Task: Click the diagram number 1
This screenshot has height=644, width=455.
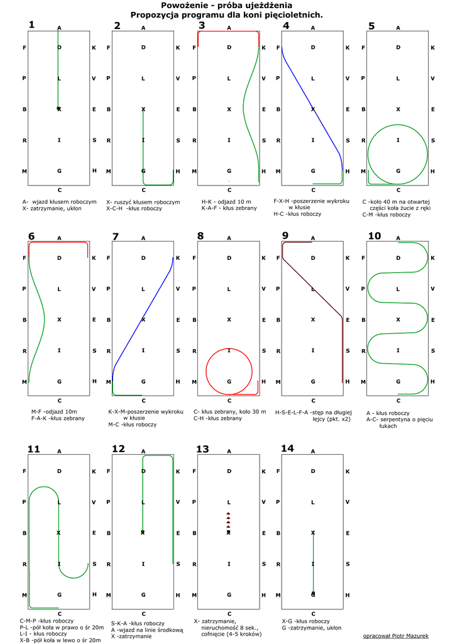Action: click(x=31, y=25)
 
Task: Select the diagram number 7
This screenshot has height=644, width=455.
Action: click(x=115, y=236)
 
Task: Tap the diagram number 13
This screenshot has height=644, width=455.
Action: click(x=202, y=448)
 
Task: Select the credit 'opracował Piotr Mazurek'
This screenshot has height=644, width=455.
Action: click(x=391, y=636)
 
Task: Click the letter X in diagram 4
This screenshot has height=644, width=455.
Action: click(x=313, y=109)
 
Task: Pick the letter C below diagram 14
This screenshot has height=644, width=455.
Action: click(x=313, y=614)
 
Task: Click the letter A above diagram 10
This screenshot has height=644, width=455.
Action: click(x=398, y=238)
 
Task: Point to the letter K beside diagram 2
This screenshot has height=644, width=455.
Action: click(x=178, y=48)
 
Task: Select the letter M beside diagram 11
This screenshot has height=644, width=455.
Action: click(x=25, y=595)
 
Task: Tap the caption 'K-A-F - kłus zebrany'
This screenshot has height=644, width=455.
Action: click(x=229, y=208)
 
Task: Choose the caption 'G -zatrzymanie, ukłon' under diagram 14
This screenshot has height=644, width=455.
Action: click(x=312, y=627)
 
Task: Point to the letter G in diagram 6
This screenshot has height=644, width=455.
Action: click(x=59, y=381)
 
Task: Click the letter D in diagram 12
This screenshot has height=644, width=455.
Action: click(x=143, y=471)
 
